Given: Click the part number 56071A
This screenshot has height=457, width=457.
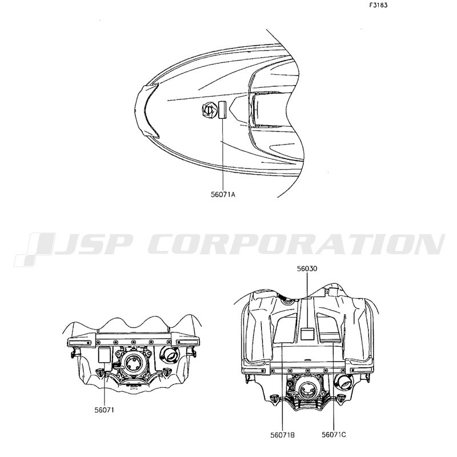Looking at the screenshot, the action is tap(223, 194).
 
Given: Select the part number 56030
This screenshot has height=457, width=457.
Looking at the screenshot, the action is tap(307, 268).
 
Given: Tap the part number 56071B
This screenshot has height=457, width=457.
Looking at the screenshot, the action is tap(282, 435).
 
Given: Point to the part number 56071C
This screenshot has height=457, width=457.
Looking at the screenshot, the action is tap(334, 435).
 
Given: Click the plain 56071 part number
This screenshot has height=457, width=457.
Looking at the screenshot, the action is tap(105, 410).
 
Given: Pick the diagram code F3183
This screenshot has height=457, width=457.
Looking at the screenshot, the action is tap(378, 5).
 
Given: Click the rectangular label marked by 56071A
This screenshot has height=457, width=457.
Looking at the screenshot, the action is tap(223, 110).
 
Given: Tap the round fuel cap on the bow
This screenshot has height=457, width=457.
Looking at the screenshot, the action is tap(210, 110).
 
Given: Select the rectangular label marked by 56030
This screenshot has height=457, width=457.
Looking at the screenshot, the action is tap(307, 334).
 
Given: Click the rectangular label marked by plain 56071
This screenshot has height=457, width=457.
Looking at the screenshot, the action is tap(105, 355).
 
